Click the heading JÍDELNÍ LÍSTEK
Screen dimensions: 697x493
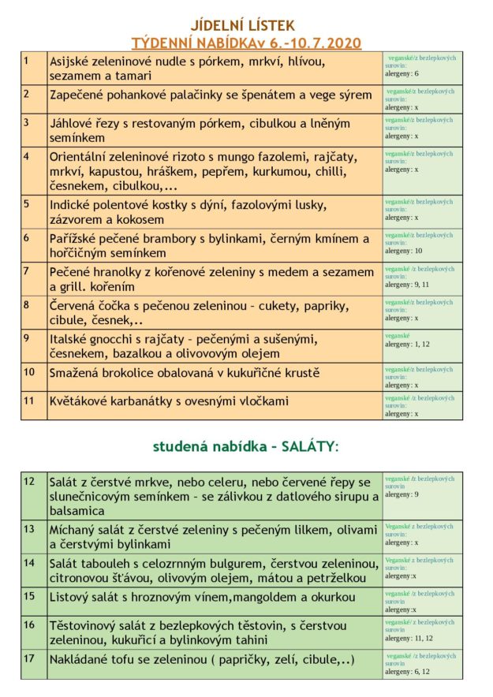(x=247, y=26)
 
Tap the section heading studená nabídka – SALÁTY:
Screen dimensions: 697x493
(x=245, y=446)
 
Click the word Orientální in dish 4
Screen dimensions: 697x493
(x=82, y=156)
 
